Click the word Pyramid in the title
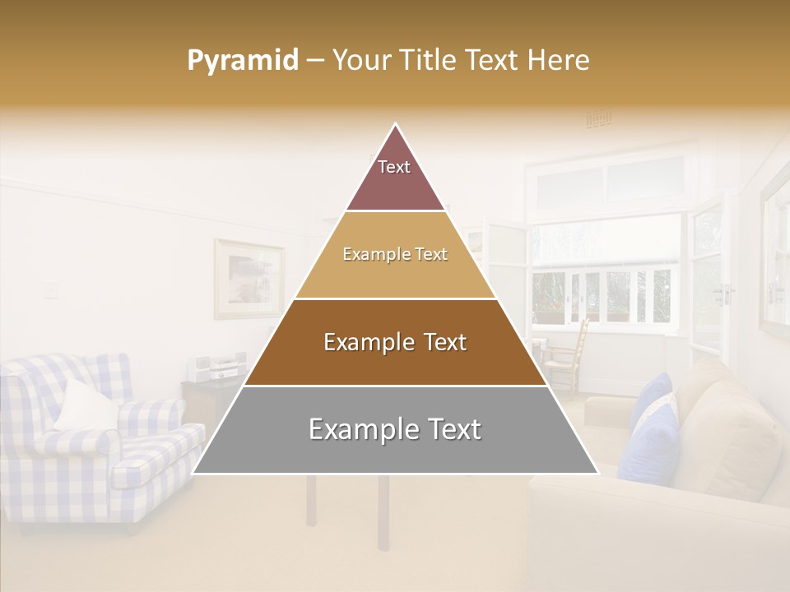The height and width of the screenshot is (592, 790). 242,61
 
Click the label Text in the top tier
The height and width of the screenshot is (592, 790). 394,167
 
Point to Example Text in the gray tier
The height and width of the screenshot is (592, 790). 395,429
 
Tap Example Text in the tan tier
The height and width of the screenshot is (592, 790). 395,254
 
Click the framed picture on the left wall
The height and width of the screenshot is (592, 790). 249,279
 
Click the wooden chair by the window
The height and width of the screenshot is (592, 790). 568,354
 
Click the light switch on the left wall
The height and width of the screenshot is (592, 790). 51,289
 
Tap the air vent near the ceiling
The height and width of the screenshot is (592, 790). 598,119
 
